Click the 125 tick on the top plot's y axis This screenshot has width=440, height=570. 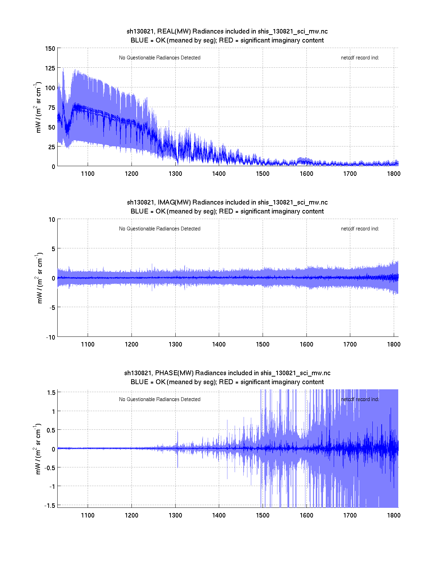50,68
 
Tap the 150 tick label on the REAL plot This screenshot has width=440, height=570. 50,48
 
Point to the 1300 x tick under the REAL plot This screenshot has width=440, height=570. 175,174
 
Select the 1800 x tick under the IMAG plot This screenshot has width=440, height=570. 394,344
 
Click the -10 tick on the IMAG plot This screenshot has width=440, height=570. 50,337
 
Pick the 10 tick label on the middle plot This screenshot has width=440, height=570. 52,219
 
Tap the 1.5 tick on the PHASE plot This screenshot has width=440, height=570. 51,392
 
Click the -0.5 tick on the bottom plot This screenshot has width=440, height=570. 49,467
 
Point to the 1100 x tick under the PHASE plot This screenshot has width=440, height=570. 88,515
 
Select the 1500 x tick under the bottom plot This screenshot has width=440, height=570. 263,515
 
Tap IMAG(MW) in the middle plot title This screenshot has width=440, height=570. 174,202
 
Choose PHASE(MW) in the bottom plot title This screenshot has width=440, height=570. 175,373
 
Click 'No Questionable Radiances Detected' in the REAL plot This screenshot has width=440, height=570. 159,58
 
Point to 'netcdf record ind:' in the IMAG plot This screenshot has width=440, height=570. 360,229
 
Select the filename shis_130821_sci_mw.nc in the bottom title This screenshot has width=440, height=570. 295,373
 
